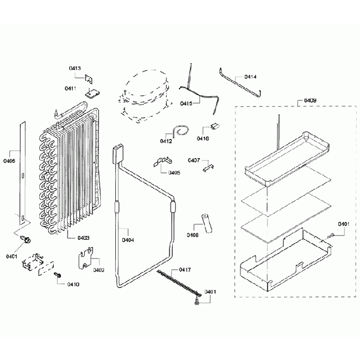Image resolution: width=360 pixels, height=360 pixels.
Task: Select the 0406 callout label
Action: click(x=9, y=161)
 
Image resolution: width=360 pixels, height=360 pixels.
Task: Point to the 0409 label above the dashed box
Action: click(x=310, y=101)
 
